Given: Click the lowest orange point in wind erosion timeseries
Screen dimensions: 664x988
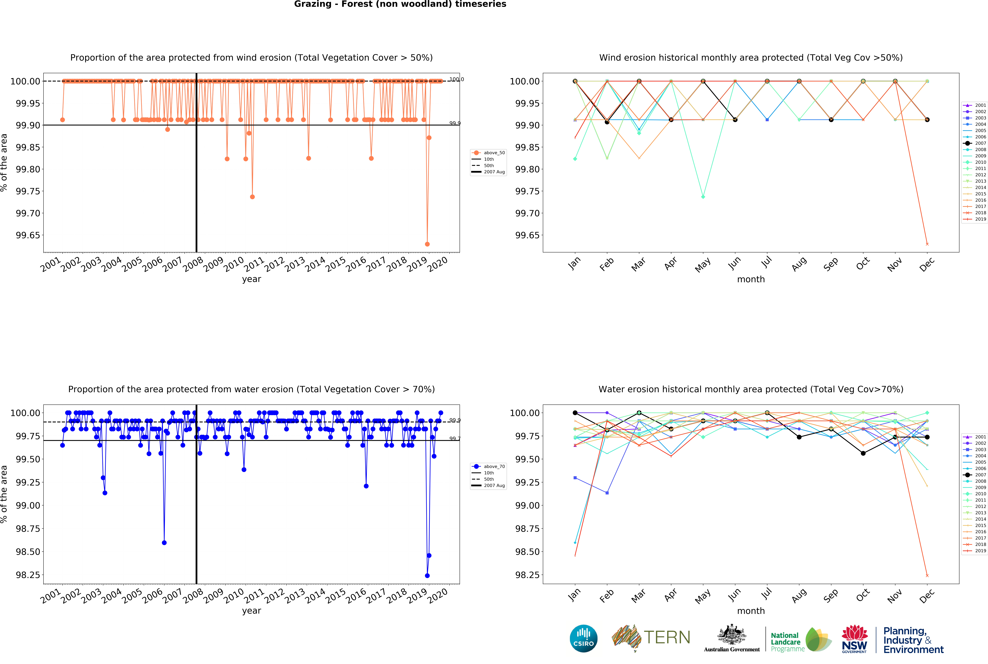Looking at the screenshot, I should coord(427,244).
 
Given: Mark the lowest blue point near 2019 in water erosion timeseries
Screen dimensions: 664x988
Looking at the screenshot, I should coord(427,576).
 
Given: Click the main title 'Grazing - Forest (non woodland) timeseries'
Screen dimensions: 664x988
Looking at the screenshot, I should coord(400,4).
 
